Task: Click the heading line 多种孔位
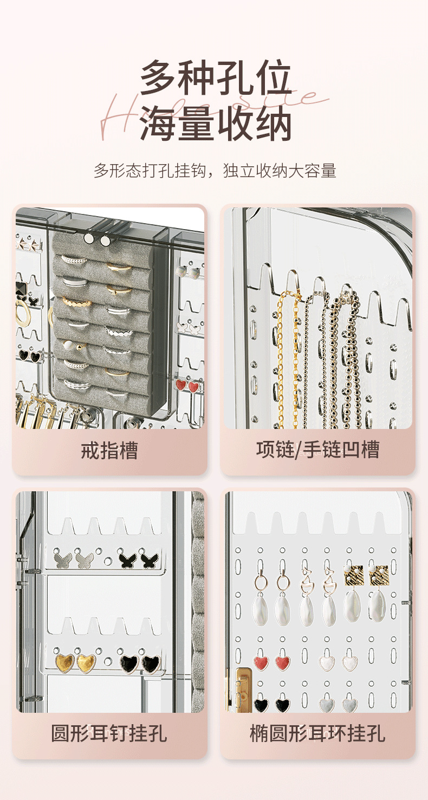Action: coord(216,79)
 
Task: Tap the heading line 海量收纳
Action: coord(216,123)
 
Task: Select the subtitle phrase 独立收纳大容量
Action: coord(280,171)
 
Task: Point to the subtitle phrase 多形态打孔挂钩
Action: coord(150,171)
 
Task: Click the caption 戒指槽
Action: coord(109,450)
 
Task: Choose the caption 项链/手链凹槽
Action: coord(317,450)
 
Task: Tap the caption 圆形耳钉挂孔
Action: coord(109,734)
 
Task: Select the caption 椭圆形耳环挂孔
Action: coord(317,734)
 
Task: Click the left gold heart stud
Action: coord(65,662)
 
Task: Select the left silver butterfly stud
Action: coord(63,558)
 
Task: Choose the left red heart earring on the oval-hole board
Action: coord(262,662)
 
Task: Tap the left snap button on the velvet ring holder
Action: coord(88,239)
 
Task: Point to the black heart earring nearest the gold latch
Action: coord(262,704)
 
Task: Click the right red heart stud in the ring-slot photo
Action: coord(193,386)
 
